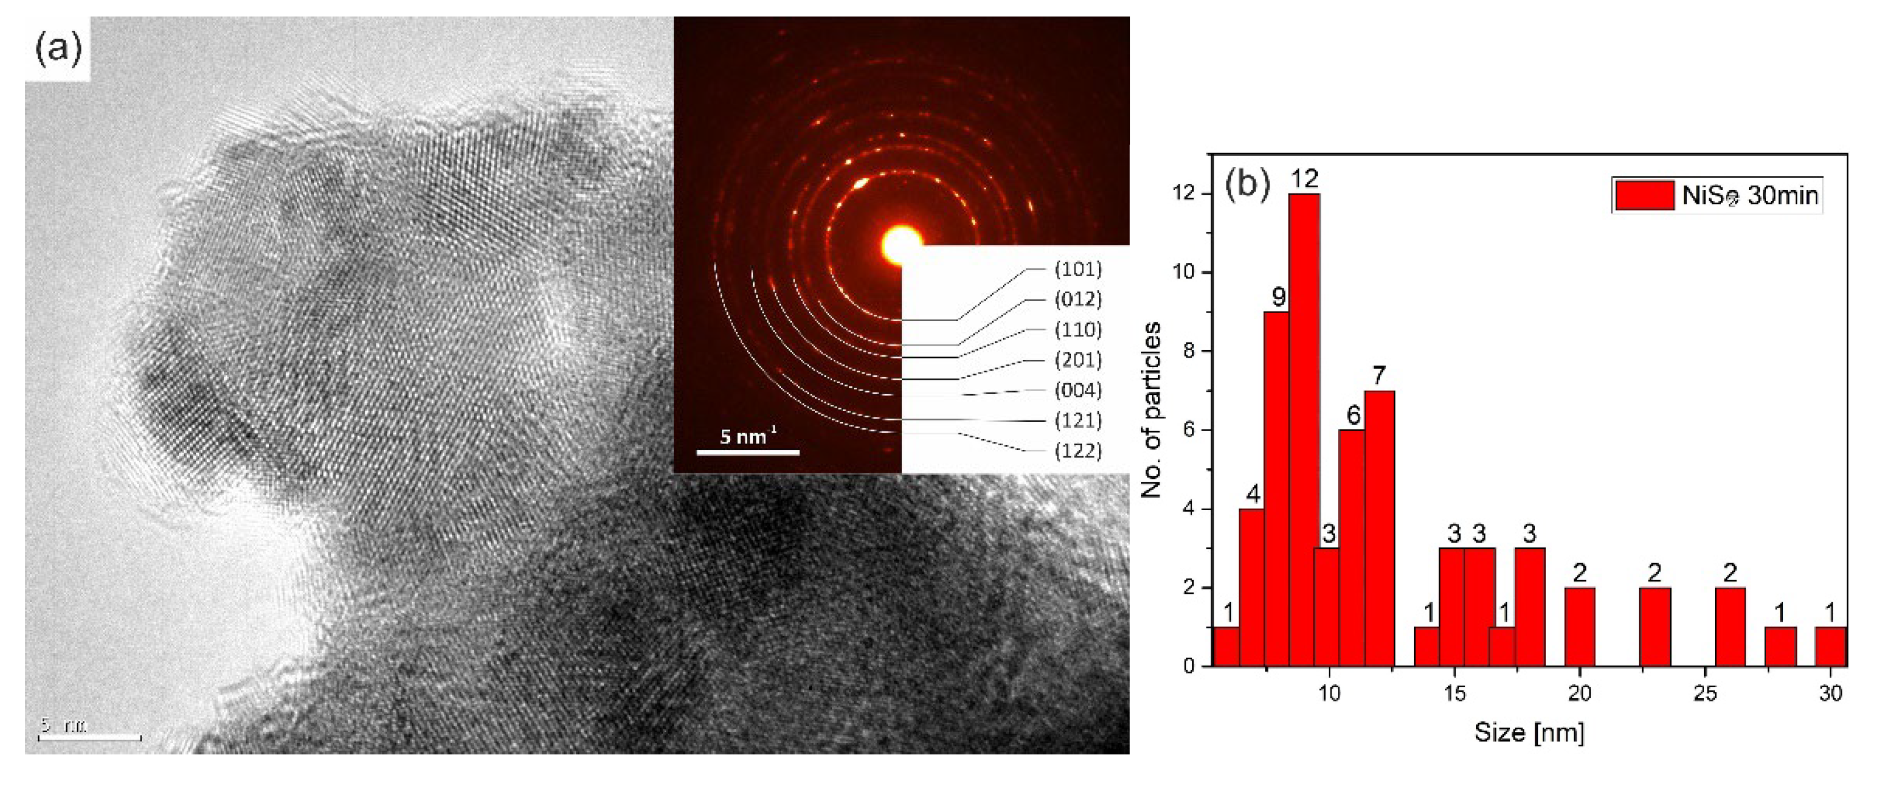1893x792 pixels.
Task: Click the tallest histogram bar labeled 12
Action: tap(1304, 430)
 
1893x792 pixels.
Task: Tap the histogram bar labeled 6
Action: tap(1352, 548)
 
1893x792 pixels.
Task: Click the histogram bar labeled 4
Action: tap(1251, 587)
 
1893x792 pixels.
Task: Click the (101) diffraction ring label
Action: tap(1078, 269)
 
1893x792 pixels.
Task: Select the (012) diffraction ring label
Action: tap(1078, 299)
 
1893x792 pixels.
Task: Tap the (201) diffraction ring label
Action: tap(1078, 360)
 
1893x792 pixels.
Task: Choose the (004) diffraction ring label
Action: tap(1078, 390)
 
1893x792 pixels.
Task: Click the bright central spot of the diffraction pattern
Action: tap(900, 245)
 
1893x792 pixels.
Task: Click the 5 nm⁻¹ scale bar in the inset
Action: tap(748, 452)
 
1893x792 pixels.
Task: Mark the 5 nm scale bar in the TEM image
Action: tap(90, 737)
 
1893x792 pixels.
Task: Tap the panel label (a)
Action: tap(59, 50)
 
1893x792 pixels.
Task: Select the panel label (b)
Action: tap(1247, 184)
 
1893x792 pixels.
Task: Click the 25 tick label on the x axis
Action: tap(1705, 693)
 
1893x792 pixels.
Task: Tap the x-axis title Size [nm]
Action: tap(1528, 732)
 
